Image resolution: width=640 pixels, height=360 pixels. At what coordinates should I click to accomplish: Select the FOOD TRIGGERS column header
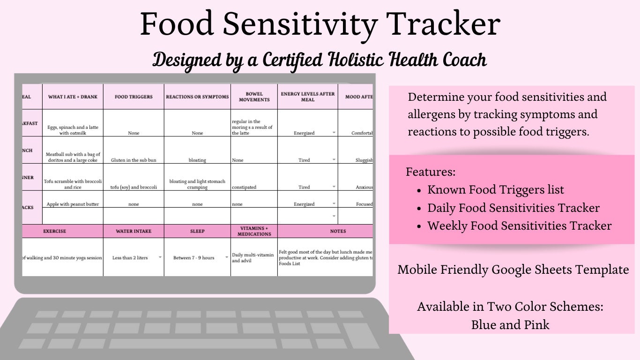134,97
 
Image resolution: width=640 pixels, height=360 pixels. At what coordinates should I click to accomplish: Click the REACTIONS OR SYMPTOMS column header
197,97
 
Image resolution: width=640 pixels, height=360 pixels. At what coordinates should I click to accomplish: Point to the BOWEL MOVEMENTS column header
254,97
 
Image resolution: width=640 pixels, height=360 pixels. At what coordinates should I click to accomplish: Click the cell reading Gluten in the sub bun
134,160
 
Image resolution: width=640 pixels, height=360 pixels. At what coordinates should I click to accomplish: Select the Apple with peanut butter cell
73,204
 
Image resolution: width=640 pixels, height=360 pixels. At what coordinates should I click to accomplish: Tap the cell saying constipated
244,187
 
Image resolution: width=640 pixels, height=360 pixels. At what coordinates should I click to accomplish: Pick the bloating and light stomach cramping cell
197,184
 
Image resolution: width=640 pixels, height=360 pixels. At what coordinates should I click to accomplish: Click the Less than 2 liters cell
130,258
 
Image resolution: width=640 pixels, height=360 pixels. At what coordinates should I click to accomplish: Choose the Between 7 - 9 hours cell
193,258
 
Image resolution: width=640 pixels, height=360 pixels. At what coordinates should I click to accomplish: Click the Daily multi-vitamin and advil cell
253,257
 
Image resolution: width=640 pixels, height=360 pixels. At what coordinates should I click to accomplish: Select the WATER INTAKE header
134,231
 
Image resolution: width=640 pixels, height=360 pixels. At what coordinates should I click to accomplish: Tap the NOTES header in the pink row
338,231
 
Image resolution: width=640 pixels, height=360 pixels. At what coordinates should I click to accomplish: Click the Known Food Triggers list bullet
496,190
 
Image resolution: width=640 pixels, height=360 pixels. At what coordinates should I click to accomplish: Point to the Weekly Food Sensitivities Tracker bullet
519,225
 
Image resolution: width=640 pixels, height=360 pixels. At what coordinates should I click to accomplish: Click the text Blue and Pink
510,324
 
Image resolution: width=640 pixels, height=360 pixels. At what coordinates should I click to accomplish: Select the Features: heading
431,172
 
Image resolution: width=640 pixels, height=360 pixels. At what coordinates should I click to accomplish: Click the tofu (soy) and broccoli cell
134,187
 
